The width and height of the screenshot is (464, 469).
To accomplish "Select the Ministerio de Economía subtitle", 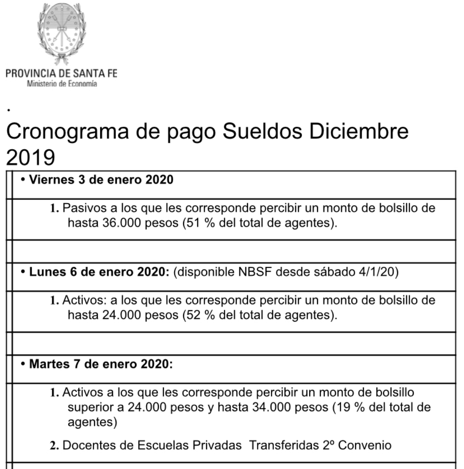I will point(62,84).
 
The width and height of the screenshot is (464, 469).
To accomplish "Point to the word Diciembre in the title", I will point(359,132).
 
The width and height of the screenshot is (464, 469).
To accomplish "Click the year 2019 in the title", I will point(31,157).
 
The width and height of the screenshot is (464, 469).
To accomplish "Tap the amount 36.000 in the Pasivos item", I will point(122,223).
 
